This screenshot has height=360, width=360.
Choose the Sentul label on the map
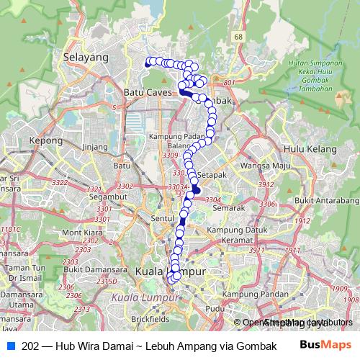coord(163,217)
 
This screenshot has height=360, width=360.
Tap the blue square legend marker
coord(11,346)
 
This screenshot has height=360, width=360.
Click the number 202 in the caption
coord(30,346)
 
